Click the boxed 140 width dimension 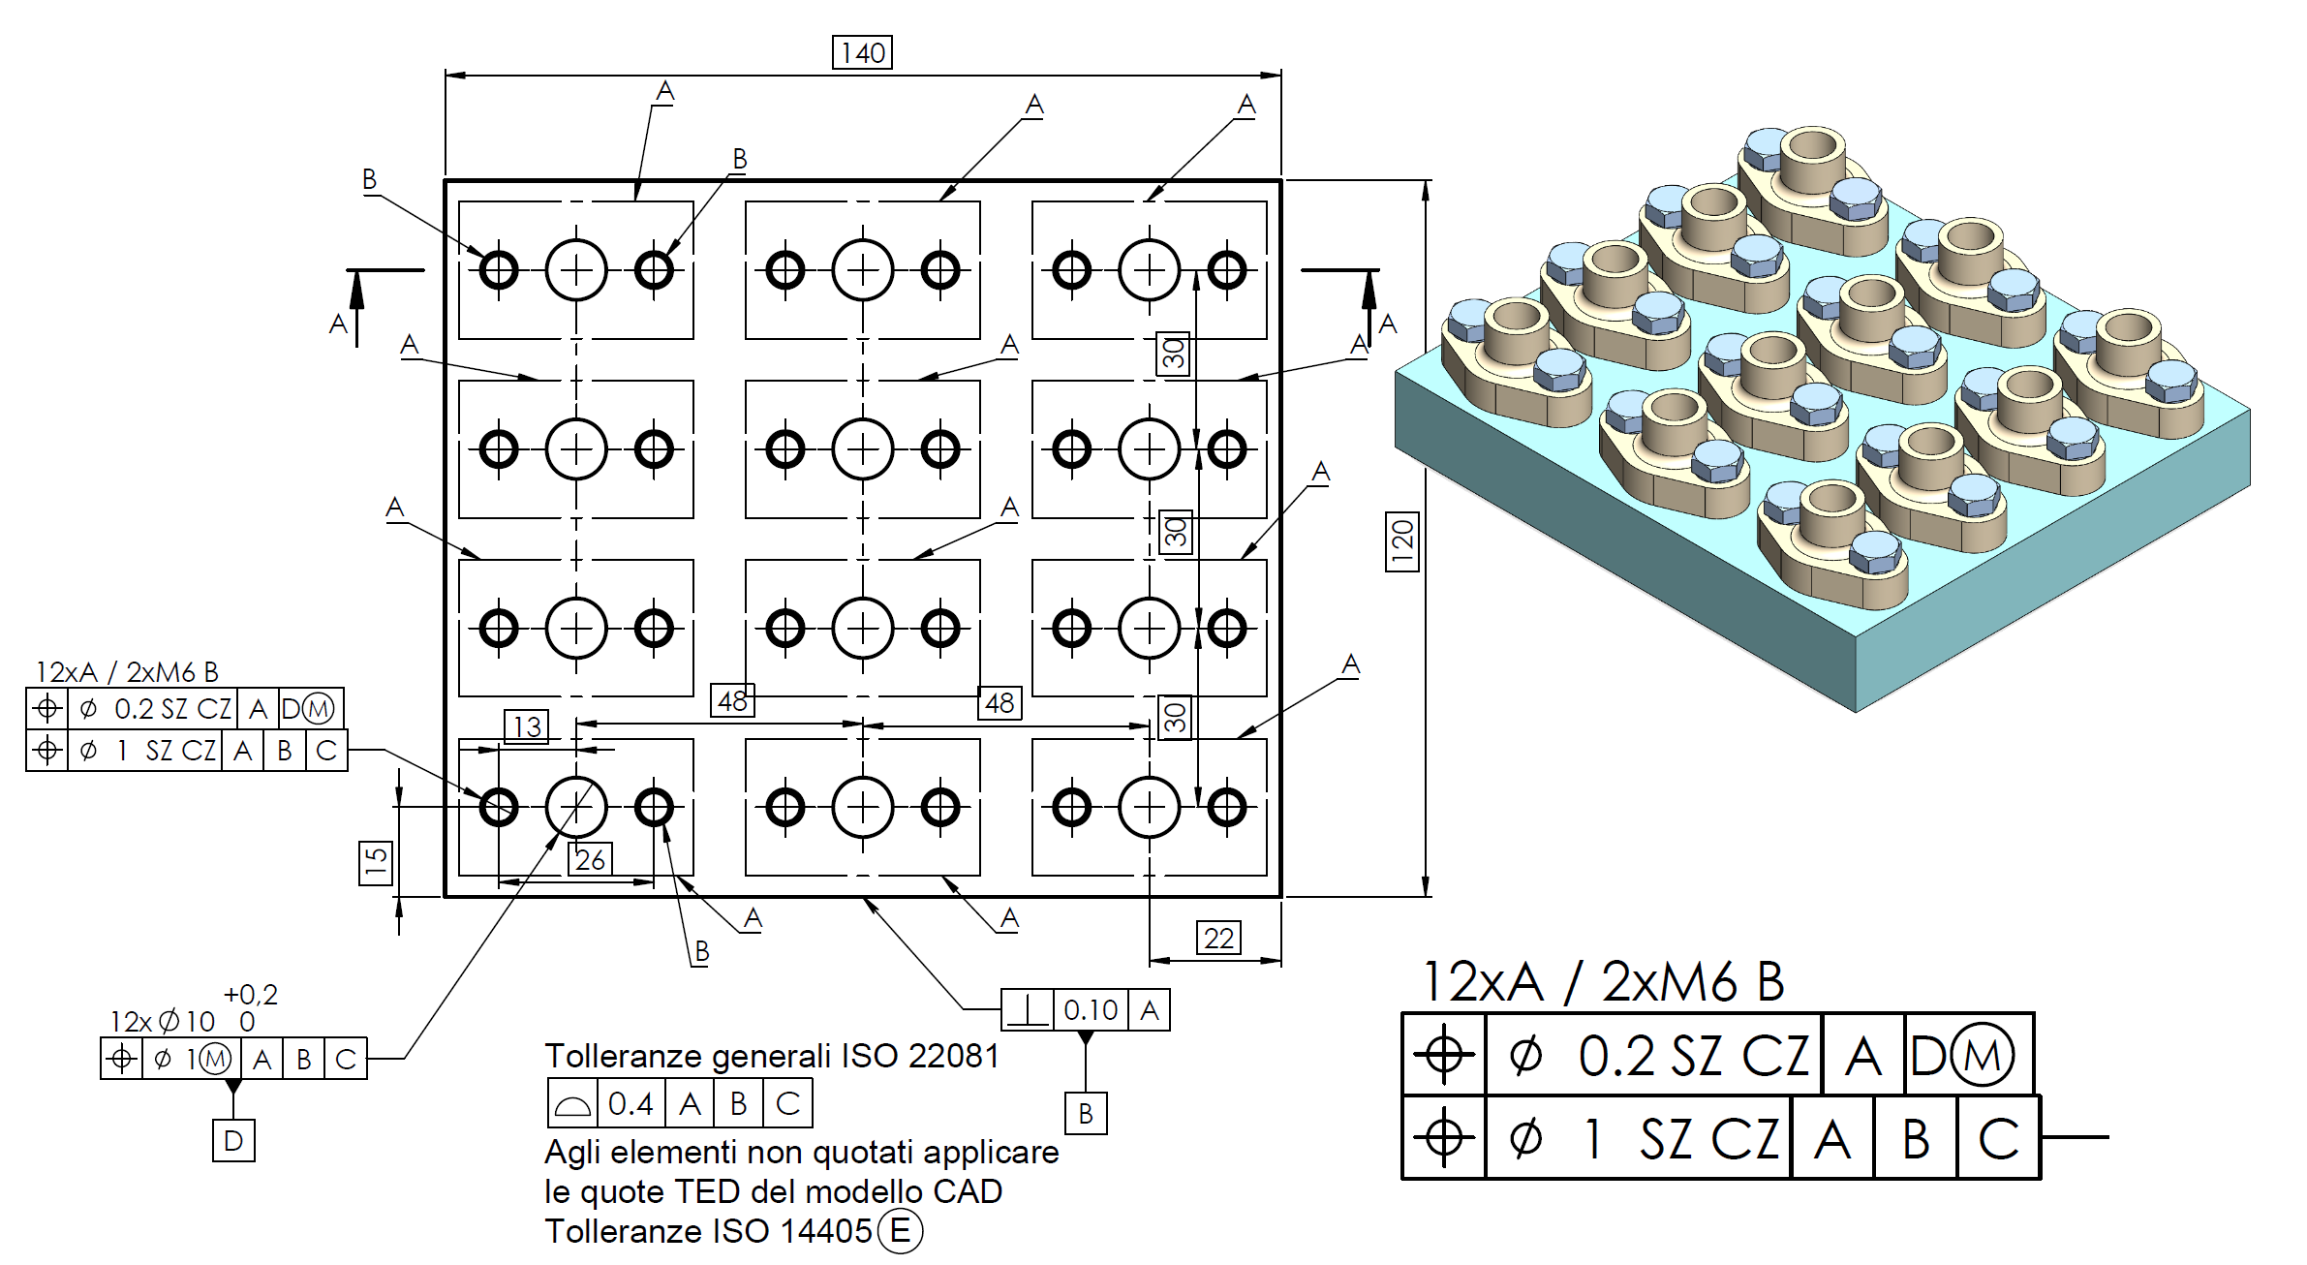862,52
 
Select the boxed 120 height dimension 1402,541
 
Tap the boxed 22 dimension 1218,938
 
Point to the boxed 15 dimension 376,862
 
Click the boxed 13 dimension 527,726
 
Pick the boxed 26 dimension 590,859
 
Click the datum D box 233,1140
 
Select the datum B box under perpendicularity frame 1086,1114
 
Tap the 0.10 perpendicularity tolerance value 1091,1010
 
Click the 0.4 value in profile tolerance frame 631,1103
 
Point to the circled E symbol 900,1231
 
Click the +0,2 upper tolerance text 251,995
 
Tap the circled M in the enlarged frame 1982,1055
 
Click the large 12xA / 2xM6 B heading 1603,982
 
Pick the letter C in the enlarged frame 1998,1138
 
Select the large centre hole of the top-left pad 576,270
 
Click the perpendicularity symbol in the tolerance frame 1027,1010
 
